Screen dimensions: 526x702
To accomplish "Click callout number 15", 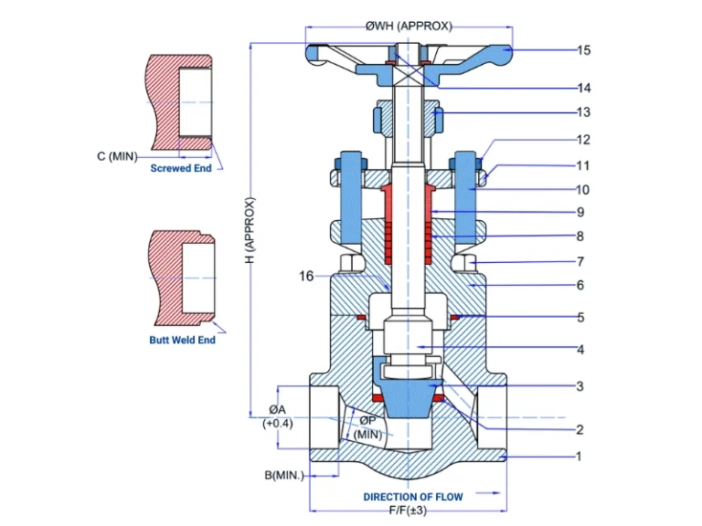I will (x=583, y=50).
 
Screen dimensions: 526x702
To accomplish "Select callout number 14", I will (x=583, y=88).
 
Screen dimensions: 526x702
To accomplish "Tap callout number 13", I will (x=583, y=112).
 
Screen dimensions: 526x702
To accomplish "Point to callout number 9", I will (x=580, y=212).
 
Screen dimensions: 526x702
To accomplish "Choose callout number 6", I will (x=580, y=285).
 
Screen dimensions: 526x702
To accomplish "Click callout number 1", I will (x=578, y=455).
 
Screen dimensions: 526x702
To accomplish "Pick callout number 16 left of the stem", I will (x=307, y=274).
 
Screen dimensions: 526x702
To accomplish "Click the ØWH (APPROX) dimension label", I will (x=408, y=26).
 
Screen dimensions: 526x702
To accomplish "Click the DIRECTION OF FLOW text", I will (x=413, y=497).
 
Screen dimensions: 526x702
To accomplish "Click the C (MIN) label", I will (x=116, y=156).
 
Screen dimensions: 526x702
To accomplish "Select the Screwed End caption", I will (x=181, y=169).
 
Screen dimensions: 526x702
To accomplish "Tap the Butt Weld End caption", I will (x=182, y=340).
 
